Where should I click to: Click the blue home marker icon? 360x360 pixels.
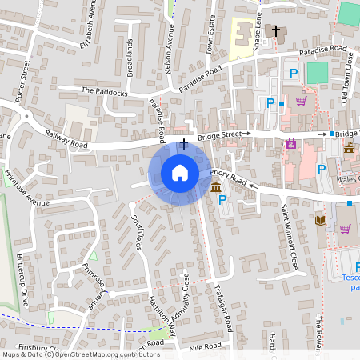180,173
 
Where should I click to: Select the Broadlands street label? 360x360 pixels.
130,56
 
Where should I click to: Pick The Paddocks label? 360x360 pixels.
104,92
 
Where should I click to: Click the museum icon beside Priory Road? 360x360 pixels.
217,187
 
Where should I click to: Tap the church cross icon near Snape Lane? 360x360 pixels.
276,30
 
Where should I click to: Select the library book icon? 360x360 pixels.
320,220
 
